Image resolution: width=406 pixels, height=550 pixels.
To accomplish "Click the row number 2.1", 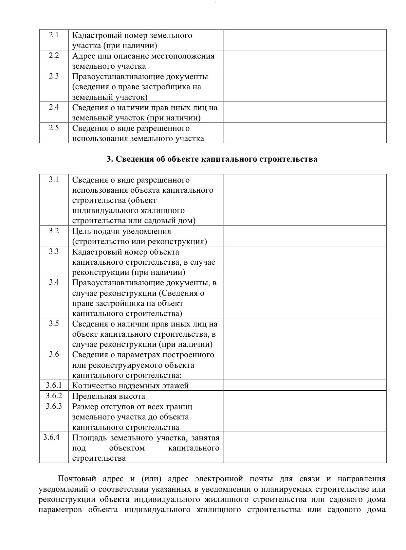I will [x=54, y=35].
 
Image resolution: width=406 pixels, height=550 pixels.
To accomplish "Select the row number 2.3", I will [x=54, y=76].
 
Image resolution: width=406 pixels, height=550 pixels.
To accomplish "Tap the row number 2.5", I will [x=54, y=128].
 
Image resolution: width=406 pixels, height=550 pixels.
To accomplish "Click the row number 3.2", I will [x=54, y=231].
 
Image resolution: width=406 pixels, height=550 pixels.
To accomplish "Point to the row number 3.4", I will [x=54, y=282].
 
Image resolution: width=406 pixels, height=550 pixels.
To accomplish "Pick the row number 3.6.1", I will [x=54, y=385].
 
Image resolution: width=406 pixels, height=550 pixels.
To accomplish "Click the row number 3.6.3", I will [x=54, y=406].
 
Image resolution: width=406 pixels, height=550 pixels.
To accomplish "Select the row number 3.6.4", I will [x=51, y=437].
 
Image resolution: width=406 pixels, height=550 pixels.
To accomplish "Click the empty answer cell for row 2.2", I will [x=304, y=61].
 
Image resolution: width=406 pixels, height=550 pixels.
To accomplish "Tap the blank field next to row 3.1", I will [x=304, y=200].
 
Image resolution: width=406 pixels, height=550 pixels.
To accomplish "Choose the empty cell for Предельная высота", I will [x=304, y=396].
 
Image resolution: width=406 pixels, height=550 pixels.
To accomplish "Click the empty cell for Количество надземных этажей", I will [x=304, y=385].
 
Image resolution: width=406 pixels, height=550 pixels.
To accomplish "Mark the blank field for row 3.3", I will [x=304, y=262].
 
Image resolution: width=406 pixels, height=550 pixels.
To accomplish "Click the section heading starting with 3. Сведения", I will [x=212, y=159].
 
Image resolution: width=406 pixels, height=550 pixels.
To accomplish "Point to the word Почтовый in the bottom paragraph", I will [x=77, y=479].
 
